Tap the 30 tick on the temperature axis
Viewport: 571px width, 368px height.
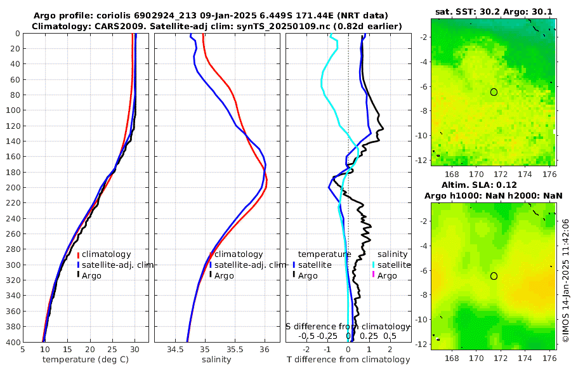[x=135, y=349]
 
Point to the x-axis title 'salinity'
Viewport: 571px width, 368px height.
[x=216, y=360]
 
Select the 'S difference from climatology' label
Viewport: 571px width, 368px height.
[x=348, y=326]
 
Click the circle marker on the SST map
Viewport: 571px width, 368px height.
[x=494, y=92]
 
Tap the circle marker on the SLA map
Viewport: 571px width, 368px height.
[x=494, y=276]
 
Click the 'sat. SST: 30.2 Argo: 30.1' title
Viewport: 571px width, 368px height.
[x=494, y=11]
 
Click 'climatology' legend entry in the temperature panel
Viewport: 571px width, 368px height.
[x=106, y=254]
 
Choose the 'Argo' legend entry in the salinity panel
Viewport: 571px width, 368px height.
[x=224, y=275]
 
